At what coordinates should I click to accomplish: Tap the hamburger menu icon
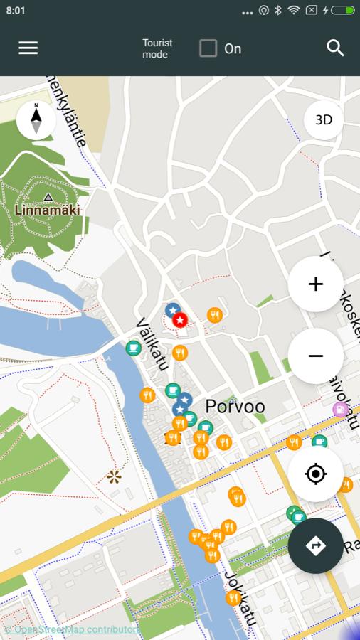(x=28, y=48)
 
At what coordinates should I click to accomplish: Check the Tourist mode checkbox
(x=208, y=48)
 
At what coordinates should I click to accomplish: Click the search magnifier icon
(x=335, y=48)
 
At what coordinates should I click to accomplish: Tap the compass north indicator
(x=36, y=120)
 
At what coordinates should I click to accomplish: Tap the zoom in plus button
(x=315, y=284)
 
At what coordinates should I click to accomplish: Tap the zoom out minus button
(x=315, y=356)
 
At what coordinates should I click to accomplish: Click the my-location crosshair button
(x=315, y=474)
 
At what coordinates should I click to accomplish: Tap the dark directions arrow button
(x=315, y=545)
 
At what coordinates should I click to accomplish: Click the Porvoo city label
(x=235, y=407)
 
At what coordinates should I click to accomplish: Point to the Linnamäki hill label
(x=47, y=210)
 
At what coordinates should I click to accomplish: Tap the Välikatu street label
(x=151, y=344)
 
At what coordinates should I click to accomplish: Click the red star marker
(x=180, y=321)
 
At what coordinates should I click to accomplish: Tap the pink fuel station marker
(x=341, y=409)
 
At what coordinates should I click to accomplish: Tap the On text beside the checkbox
(x=233, y=48)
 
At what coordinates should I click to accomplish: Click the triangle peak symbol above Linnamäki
(x=48, y=197)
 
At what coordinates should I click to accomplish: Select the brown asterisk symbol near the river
(x=114, y=476)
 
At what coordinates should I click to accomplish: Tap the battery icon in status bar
(x=342, y=11)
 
